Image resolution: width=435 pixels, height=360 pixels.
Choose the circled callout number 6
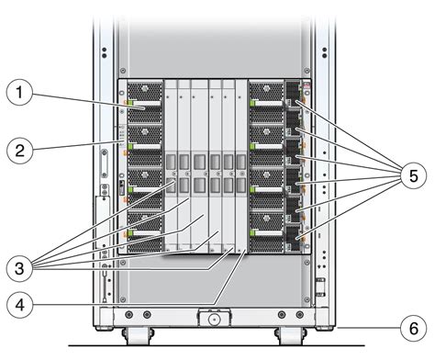(412, 326)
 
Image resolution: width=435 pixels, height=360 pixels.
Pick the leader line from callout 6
(367, 326)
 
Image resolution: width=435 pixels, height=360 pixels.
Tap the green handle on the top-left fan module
(131, 102)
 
